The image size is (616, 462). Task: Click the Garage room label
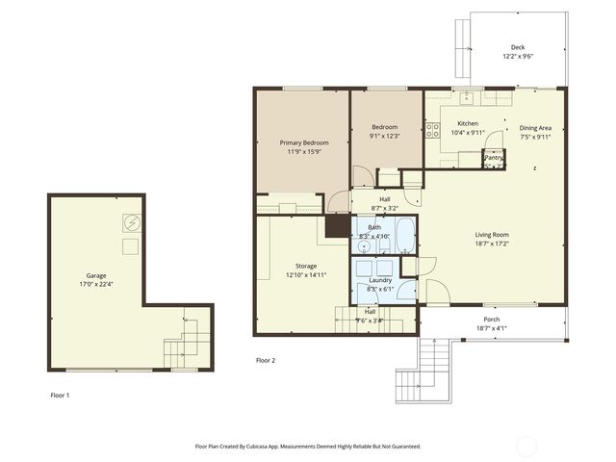point(97,274)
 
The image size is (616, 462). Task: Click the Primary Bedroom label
point(302,142)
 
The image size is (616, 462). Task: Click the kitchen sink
point(466,97)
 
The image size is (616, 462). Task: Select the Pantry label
point(494,157)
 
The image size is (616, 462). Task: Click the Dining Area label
point(535,127)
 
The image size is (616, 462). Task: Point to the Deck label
point(518,47)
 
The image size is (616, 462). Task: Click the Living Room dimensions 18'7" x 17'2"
point(491,244)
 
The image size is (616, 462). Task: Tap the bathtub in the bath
point(403,235)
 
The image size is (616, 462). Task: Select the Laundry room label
point(380,280)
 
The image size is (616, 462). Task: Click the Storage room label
point(306,266)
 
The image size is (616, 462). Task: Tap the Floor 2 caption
point(266,360)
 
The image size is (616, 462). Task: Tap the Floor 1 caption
point(61,395)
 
